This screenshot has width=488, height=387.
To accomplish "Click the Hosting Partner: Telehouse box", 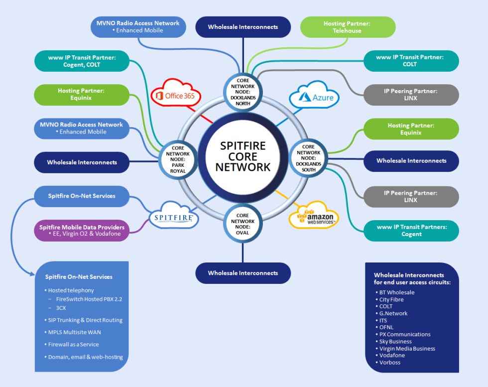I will coord(348,27).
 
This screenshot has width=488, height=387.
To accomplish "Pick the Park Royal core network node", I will coord(178,159).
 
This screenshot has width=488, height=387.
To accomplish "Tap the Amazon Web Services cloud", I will coord(314,216).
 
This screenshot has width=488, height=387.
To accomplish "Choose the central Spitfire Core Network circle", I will coord(243,156).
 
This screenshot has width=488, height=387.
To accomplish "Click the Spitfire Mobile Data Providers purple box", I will coord(82,230).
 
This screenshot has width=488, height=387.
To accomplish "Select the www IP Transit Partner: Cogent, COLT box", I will coord(82,61).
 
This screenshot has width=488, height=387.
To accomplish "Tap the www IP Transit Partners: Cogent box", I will coord(411,231).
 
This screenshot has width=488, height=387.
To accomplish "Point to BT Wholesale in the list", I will coord(397,292).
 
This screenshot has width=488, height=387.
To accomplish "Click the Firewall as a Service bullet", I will coord(73,344).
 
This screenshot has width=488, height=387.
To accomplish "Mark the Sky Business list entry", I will coord(395,342).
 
